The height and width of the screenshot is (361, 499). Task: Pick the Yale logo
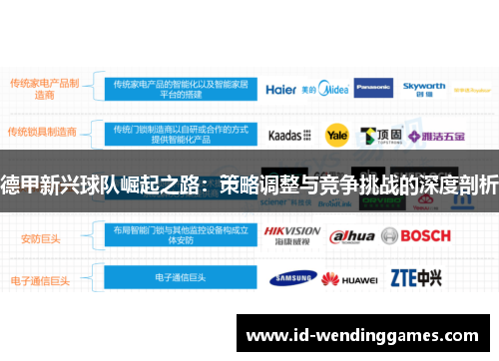click(336, 134)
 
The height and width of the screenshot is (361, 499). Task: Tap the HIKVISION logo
click(292, 235)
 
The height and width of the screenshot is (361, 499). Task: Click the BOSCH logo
click(419, 236)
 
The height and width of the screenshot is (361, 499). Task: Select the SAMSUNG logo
click(291, 277)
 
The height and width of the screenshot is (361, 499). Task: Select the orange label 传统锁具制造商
click(42, 131)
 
